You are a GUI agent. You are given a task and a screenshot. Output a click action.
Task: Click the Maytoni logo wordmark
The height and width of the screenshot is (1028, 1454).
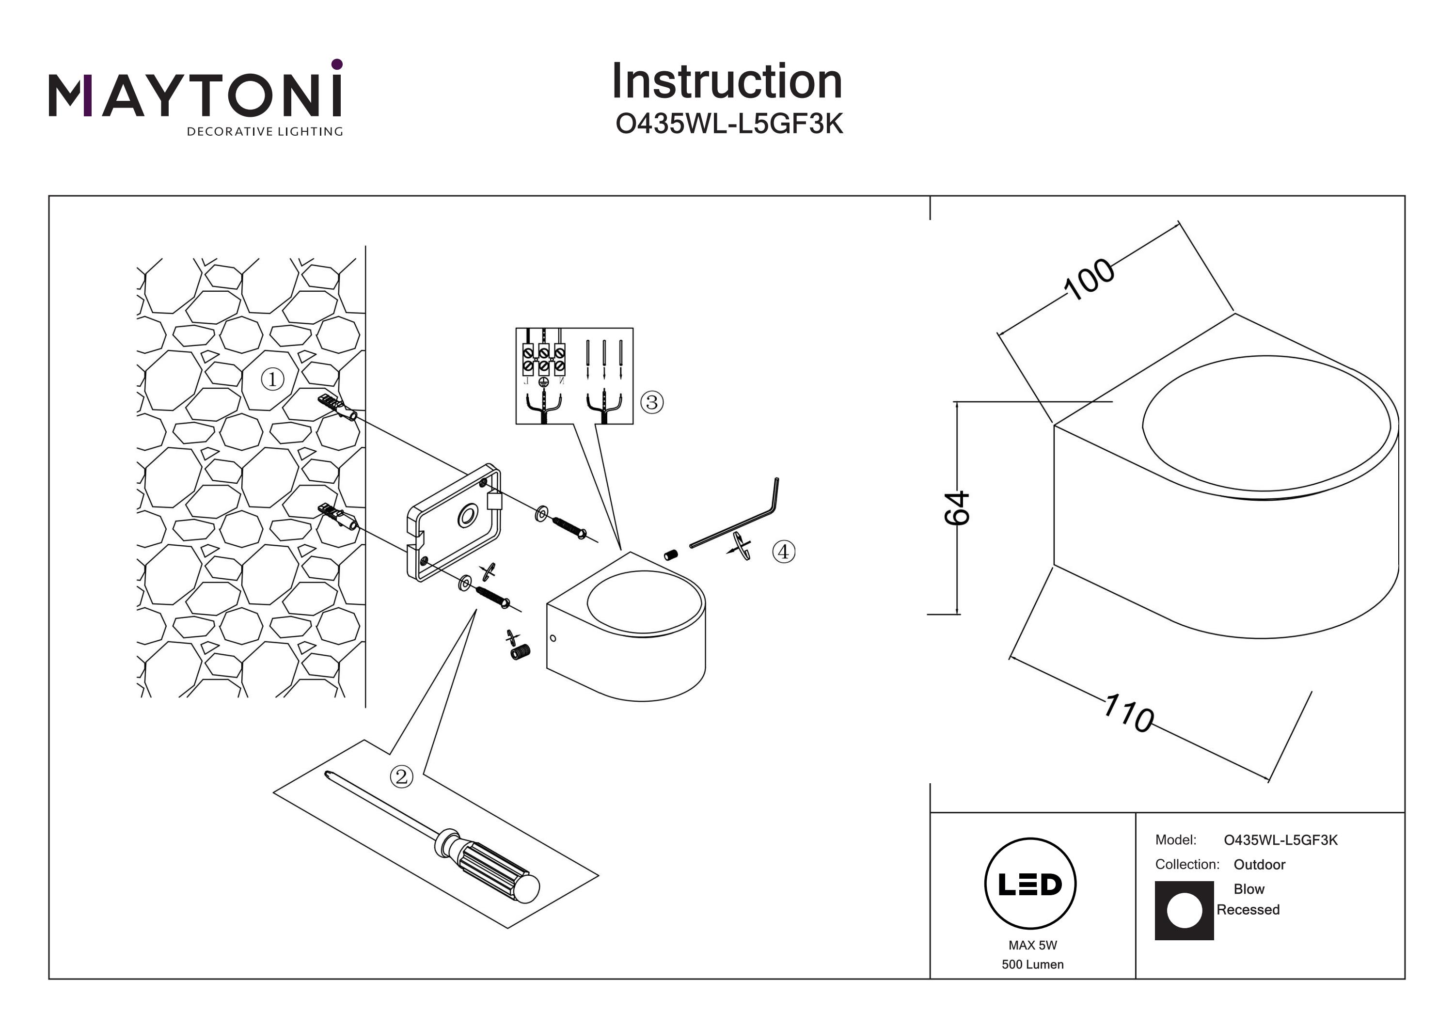[x=195, y=95]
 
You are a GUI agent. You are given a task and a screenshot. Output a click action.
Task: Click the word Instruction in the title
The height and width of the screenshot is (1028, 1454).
[x=727, y=82]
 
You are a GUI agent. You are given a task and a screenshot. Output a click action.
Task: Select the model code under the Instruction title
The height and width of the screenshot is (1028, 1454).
[x=729, y=125]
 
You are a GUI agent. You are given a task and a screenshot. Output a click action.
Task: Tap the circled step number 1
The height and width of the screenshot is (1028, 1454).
[x=272, y=380]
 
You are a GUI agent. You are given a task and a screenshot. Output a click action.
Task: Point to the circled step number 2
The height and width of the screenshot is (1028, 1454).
[x=401, y=776]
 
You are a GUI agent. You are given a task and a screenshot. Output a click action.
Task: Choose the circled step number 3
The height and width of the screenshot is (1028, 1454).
[x=652, y=402]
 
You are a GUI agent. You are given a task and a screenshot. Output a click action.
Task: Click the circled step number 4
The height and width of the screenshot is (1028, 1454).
[x=783, y=552]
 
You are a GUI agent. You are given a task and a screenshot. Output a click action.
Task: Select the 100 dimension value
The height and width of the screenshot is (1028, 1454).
[x=1089, y=279]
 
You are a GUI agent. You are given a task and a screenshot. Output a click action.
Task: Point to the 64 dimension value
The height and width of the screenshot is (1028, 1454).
[x=957, y=508]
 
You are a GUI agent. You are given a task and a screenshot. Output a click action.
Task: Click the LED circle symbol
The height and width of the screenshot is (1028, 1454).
[x=1030, y=884]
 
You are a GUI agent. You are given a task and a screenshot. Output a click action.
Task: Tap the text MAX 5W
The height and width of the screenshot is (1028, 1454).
[x=1032, y=945]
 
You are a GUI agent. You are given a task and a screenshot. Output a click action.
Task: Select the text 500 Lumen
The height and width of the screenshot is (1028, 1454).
[x=1032, y=965]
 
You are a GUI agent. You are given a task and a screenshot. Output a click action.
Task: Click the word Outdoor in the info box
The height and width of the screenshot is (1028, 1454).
[x=1259, y=865]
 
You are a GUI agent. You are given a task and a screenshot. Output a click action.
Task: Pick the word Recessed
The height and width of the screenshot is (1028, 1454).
[x=1248, y=910]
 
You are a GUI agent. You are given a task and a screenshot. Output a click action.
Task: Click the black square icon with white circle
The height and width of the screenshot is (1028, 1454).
[x=1184, y=910]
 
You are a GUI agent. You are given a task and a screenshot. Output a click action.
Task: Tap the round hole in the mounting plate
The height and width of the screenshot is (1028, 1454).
[x=467, y=516]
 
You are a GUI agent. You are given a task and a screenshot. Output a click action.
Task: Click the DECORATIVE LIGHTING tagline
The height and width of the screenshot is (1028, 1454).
[x=265, y=132]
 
